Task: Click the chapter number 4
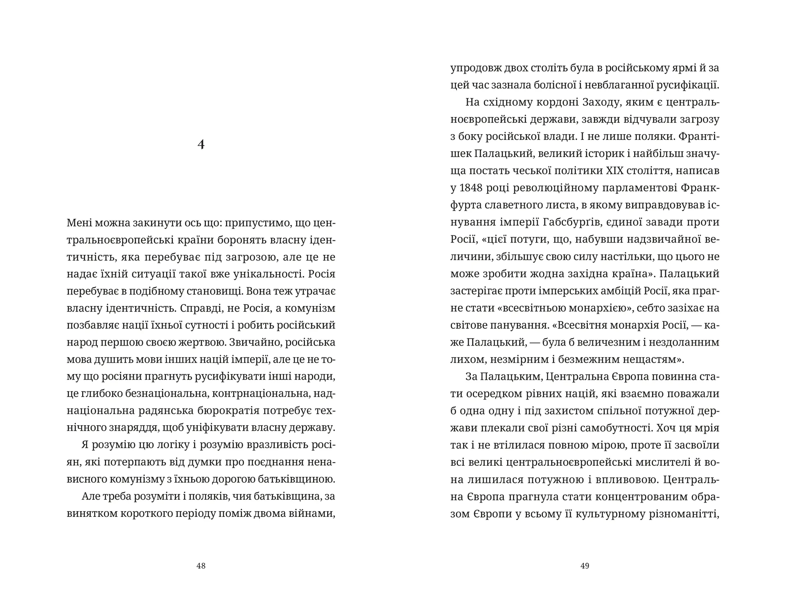pyautogui.click(x=201, y=144)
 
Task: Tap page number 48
pyautogui.click(x=201, y=566)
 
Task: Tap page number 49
pyautogui.click(x=585, y=566)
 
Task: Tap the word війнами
pyautogui.click(x=314, y=514)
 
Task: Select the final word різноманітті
pyautogui.click(x=684, y=514)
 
